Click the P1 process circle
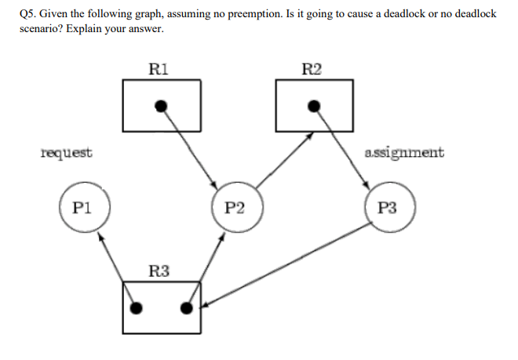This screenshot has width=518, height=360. tap(83, 208)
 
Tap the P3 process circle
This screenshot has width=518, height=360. tap(388, 208)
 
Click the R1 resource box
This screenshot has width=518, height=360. tap(162, 106)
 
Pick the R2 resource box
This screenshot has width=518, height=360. tap(314, 106)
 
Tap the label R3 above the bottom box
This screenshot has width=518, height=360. tap(159, 271)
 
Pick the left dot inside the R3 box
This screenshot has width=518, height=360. tap(137, 308)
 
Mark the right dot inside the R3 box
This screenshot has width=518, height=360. tap(186, 308)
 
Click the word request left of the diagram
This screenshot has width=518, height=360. tap(66, 152)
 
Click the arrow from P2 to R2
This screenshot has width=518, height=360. tap(284, 161)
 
